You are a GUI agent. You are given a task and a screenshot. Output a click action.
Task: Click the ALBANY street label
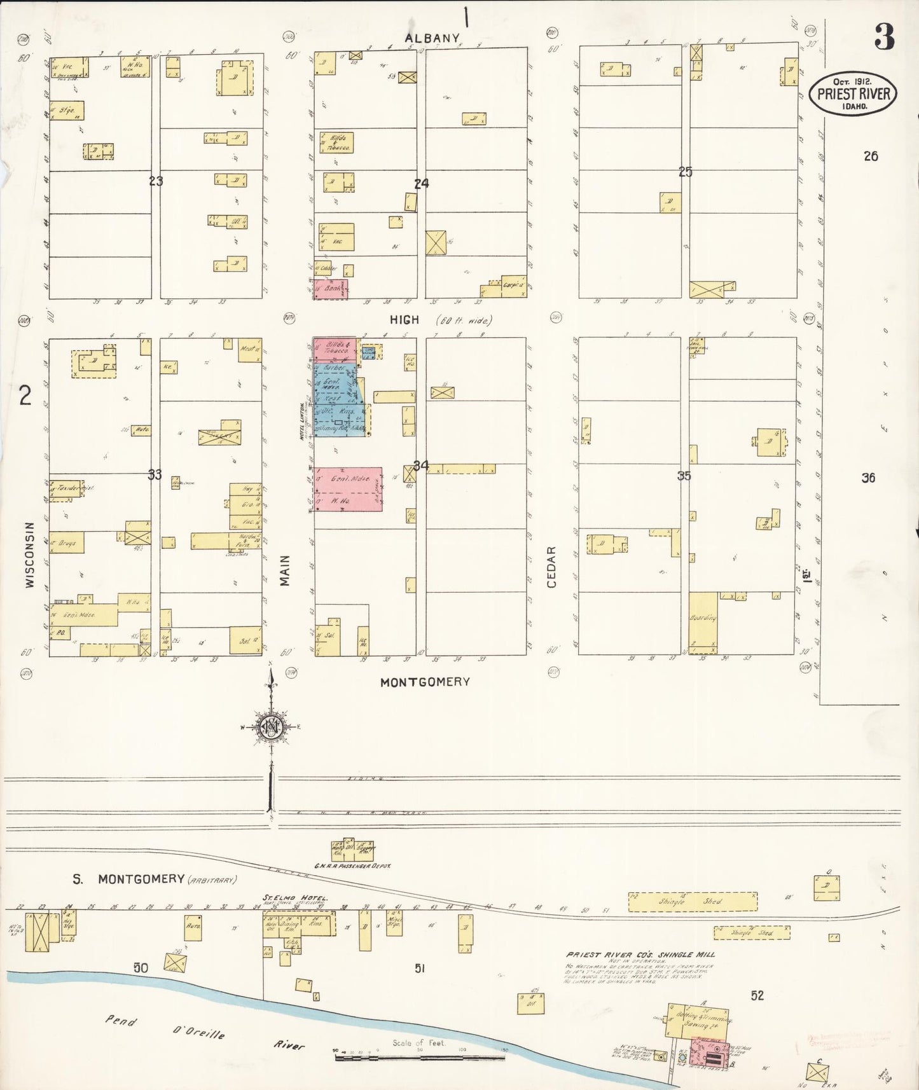coord(432,38)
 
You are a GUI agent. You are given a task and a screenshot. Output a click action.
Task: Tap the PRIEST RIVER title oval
coord(853,93)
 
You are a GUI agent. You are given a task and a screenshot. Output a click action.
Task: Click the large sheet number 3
coord(883,37)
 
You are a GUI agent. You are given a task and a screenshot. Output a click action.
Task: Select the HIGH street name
coord(404,320)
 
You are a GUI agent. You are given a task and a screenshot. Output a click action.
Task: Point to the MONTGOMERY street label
coord(425,682)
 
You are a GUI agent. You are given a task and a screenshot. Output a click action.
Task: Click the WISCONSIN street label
coord(29,555)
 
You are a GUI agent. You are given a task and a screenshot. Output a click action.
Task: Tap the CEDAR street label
coord(551,567)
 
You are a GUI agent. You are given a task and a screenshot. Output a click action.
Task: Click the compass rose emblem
coord(272,728)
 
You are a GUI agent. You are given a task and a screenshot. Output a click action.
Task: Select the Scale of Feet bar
coord(420,1058)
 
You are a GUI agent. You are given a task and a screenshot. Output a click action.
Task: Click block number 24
coord(421,184)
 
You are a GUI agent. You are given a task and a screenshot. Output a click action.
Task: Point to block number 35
coord(684,476)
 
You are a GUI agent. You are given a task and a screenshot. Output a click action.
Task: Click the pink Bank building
coord(329,289)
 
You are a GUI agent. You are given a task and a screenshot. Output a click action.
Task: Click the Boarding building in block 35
coord(703,622)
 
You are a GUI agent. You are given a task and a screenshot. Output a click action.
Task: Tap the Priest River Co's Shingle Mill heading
coord(640,955)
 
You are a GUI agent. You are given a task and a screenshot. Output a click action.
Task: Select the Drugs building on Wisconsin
coord(67,543)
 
